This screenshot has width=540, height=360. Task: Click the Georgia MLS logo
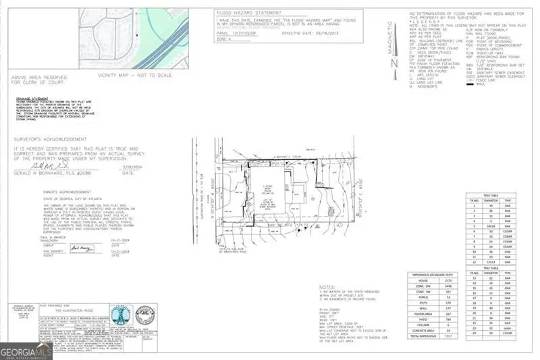(26, 351)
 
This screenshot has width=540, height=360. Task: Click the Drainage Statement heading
(28, 98)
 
